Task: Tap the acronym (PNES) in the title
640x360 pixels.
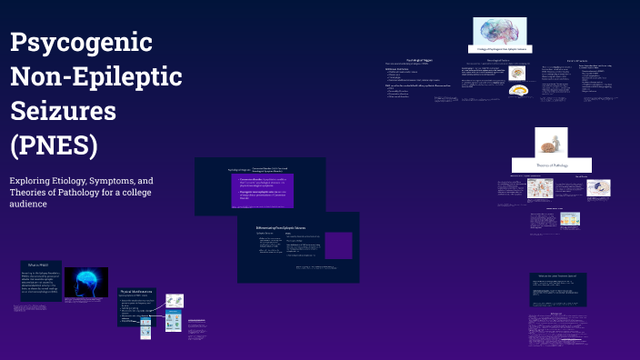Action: (54, 145)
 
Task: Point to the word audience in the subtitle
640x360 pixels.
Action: (28, 204)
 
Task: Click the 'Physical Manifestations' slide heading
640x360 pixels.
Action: (136, 292)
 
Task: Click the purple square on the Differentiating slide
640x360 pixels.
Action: (338, 245)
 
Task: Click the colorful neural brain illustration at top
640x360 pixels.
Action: (503, 31)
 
